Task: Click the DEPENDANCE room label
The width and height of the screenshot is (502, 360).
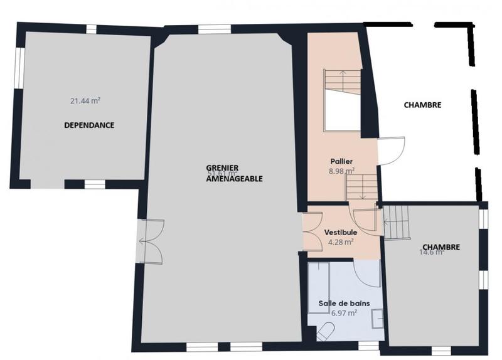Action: click(89, 125)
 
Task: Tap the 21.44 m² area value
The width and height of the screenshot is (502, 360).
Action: click(86, 100)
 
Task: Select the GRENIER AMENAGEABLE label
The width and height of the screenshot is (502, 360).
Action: click(234, 173)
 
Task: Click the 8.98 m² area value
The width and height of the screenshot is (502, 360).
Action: click(341, 171)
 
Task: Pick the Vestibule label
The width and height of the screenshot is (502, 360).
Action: click(340, 232)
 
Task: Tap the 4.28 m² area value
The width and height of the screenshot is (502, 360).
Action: click(341, 241)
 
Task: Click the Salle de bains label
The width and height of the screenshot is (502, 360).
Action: click(344, 303)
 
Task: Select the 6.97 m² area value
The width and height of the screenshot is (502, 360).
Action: click(344, 312)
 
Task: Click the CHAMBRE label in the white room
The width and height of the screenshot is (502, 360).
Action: click(422, 105)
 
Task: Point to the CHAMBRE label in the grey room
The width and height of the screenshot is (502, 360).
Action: click(441, 247)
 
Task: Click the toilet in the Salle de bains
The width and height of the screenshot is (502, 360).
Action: click(326, 331)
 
